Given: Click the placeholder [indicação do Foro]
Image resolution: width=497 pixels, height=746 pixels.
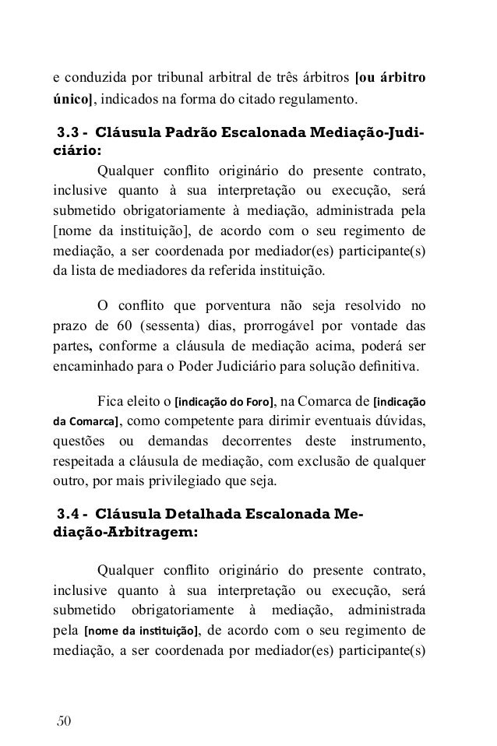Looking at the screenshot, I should point(224,402).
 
